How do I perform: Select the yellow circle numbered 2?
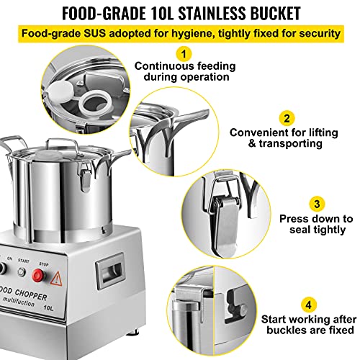287,118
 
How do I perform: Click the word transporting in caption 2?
290,143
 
